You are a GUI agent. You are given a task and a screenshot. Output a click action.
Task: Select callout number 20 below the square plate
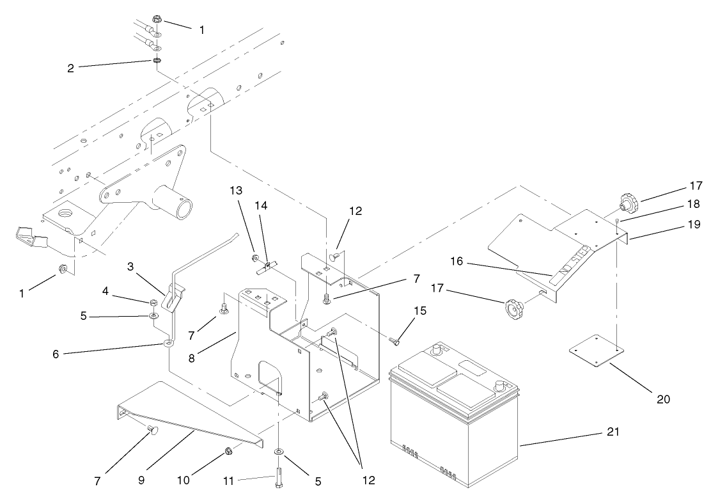click(x=663, y=399)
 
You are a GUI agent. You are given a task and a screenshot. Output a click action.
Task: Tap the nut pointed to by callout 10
click(x=228, y=453)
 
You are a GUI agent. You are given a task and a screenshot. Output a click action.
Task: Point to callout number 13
click(x=237, y=191)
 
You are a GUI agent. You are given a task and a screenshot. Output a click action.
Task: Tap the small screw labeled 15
click(x=394, y=342)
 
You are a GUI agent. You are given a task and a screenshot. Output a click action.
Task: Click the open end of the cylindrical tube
click(x=184, y=209)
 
